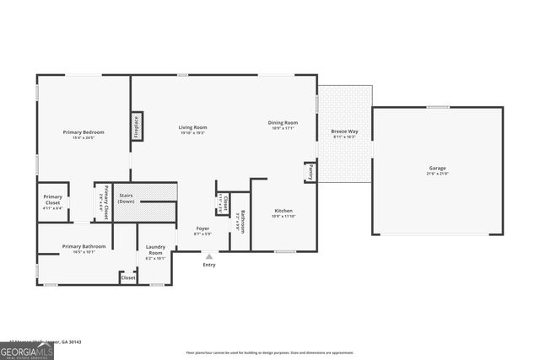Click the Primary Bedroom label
pyautogui.click(x=84, y=132)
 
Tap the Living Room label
pyautogui.click(x=192, y=127)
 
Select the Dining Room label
pyautogui.click(x=283, y=122)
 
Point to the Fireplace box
pyautogui.click(x=136, y=126)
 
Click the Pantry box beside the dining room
pyautogui.click(x=310, y=171)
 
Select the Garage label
pyautogui.click(x=437, y=168)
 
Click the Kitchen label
pyautogui.click(x=283, y=211)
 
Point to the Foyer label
pyautogui.click(x=203, y=228)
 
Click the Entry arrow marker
pyautogui.click(x=209, y=255)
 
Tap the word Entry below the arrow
pyautogui.click(x=209, y=265)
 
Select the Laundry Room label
pyautogui.click(x=155, y=250)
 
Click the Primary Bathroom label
pyautogui.click(x=84, y=246)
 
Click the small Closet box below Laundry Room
pyautogui.click(x=128, y=277)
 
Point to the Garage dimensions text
pyautogui.click(x=437, y=174)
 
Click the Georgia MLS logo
pyautogui.click(x=27, y=349)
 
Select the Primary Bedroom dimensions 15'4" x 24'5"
pyautogui.click(x=84, y=138)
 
